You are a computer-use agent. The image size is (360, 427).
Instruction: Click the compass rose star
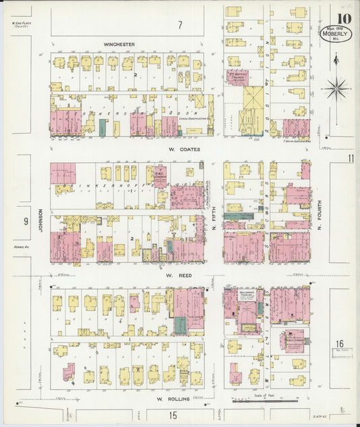click(x=336, y=87)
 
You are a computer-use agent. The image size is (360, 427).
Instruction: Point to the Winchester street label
click(x=119, y=45)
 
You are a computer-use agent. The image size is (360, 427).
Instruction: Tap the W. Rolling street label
click(x=171, y=399)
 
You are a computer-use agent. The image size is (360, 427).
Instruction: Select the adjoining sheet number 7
click(x=180, y=26)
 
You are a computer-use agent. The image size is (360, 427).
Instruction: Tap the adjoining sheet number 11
click(x=351, y=157)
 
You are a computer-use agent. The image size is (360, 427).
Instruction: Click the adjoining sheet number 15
click(x=173, y=415)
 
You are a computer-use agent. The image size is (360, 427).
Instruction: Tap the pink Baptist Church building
click(x=238, y=77)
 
